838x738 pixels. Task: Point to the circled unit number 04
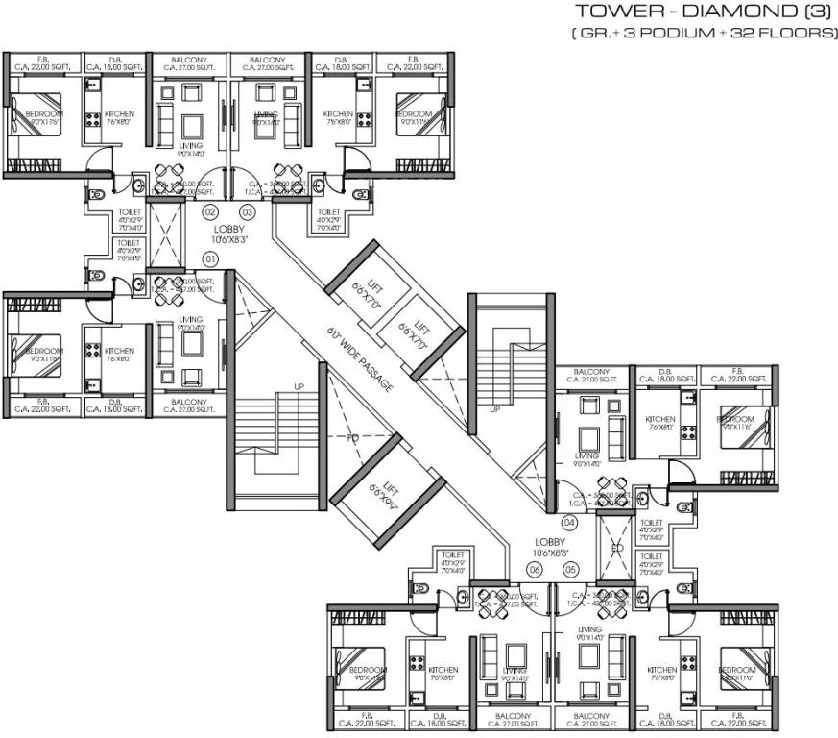(569, 523)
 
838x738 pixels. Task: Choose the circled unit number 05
(573, 569)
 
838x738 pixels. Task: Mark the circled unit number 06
(535, 569)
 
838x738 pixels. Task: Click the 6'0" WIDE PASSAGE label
(359, 359)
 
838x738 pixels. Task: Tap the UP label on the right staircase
(495, 408)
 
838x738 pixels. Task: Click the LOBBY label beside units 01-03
(230, 229)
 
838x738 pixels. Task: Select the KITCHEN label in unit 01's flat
(119, 351)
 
